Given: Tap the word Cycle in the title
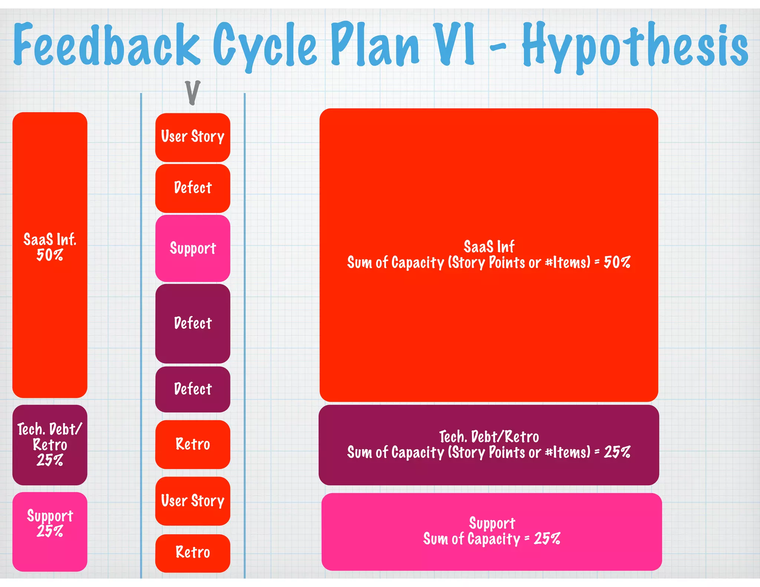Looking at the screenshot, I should click(x=265, y=46).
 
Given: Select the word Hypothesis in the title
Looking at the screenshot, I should click(x=635, y=46).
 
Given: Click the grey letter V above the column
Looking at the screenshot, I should click(x=193, y=92).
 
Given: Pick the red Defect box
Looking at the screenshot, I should click(x=193, y=188).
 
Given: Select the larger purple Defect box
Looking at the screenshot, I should click(x=193, y=323).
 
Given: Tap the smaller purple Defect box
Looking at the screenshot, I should click(x=193, y=389).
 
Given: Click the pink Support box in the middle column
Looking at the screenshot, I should click(x=193, y=248).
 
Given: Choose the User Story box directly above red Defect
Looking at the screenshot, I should click(x=193, y=137).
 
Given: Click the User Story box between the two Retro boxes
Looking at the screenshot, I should click(x=193, y=501).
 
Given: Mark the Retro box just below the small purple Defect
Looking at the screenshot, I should click(x=193, y=444).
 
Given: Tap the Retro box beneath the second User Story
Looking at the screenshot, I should click(x=193, y=552).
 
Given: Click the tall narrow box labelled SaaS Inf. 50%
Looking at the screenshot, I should click(x=50, y=255).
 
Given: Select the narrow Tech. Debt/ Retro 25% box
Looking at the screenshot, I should click(x=50, y=445).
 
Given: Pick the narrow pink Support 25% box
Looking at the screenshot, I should click(x=50, y=531).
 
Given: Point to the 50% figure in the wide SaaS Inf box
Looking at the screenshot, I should click(x=617, y=263).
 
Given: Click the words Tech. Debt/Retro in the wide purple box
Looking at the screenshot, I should click(x=489, y=437).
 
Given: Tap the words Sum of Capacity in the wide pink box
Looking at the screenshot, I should click(x=472, y=539).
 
